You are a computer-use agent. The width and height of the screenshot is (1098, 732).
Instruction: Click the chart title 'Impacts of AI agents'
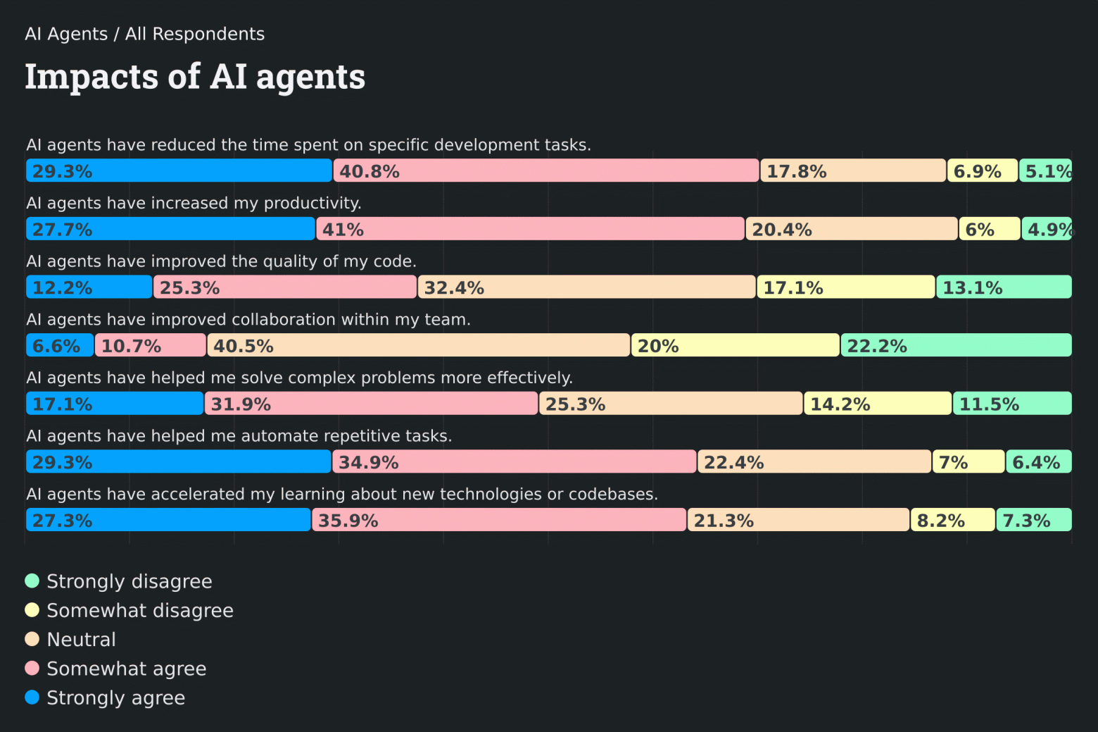(x=195, y=77)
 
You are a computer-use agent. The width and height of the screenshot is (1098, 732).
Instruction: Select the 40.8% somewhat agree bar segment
(x=546, y=170)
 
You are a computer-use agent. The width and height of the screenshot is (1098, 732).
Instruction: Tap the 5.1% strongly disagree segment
(x=1045, y=170)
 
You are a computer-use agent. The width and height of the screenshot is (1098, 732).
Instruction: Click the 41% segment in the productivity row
(x=530, y=229)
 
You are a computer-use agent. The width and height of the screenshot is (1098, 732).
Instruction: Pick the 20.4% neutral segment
(x=852, y=229)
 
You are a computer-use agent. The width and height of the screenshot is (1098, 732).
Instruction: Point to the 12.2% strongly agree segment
(x=89, y=287)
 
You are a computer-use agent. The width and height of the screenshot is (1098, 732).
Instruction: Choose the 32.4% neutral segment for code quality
(x=586, y=287)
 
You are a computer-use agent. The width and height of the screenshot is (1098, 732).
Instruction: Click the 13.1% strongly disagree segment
(x=1004, y=287)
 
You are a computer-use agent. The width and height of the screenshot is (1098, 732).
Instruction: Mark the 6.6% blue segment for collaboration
(x=60, y=345)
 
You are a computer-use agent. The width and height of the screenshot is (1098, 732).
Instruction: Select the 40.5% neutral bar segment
(x=419, y=345)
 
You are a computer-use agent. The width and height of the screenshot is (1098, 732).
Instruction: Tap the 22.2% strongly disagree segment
(x=956, y=345)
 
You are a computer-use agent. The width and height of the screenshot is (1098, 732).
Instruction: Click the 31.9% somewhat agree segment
(x=371, y=404)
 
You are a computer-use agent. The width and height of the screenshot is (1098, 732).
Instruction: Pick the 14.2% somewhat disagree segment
(x=878, y=404)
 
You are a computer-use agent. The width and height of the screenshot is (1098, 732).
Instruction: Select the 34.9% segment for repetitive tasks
(x=514, y=462)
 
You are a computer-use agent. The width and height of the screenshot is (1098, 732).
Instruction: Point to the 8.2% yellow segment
(x=952, y=520)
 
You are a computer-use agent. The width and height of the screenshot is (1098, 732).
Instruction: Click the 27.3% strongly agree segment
(x=168, y=520)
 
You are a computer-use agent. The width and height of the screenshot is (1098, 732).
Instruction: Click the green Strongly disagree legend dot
(x=32, y=581)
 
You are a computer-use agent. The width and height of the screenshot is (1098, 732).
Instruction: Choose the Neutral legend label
(x=81, y=640)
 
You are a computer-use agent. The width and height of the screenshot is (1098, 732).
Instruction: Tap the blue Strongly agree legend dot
(x=32, y=697)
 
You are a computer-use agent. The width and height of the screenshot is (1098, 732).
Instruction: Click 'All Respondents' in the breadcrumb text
(x=195, y=34)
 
